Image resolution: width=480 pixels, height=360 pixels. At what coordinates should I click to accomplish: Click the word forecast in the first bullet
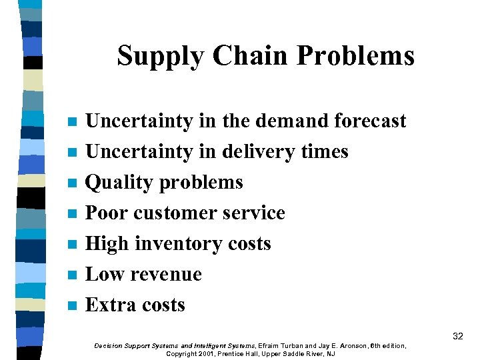[x=370, y=121]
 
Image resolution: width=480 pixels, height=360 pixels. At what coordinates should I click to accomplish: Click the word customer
[x=175, y=213]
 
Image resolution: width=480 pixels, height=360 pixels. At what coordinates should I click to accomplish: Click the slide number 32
[x=457, y=337]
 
